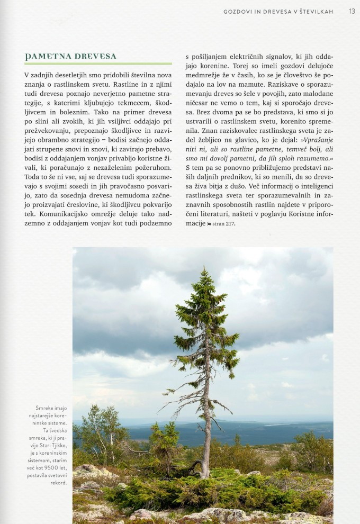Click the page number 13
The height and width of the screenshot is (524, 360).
[352, 11]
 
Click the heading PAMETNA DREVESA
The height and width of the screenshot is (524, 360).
[70, 56]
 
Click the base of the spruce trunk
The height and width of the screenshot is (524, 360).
[204, 475]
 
